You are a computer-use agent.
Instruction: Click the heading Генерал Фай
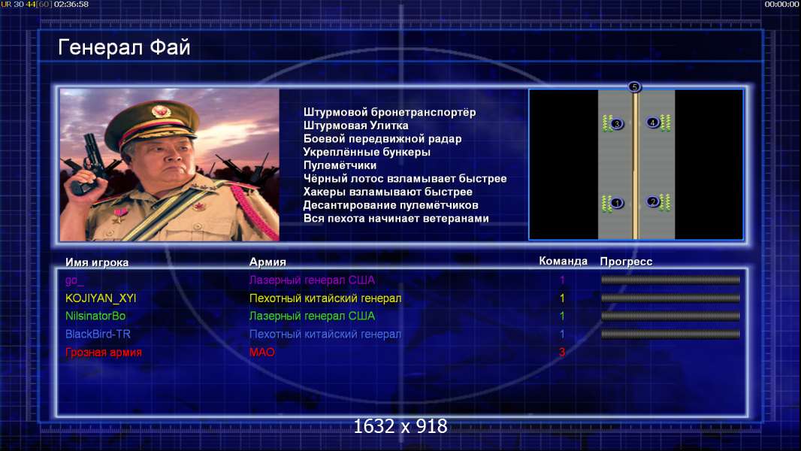click(124, 47)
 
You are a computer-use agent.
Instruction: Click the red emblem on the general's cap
click(160, 110)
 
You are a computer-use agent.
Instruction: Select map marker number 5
click(634, 87)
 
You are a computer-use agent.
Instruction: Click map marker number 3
click(617, 123)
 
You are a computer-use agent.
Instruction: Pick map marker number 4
click(652, 123)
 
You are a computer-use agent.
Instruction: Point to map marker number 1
click(617, 203)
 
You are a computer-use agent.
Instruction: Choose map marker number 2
click(652, 201)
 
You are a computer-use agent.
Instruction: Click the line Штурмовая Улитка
click(355, 126)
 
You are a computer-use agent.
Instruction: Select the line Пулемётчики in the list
click(340, 165)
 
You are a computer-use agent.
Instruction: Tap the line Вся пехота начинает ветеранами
click(396, 219)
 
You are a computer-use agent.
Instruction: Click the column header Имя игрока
click(97, 262)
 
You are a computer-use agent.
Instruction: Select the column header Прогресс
click(626, 262)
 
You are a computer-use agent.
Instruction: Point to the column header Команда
click(563, 261)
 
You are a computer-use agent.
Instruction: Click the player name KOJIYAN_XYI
click(101, 298)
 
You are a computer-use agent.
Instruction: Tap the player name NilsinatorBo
click(95, 316)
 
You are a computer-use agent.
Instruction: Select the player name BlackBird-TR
click(98, 334)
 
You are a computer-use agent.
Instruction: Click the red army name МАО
click(262, 352)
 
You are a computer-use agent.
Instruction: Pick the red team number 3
click(562, 352)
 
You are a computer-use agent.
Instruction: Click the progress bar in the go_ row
click(670, 280)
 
